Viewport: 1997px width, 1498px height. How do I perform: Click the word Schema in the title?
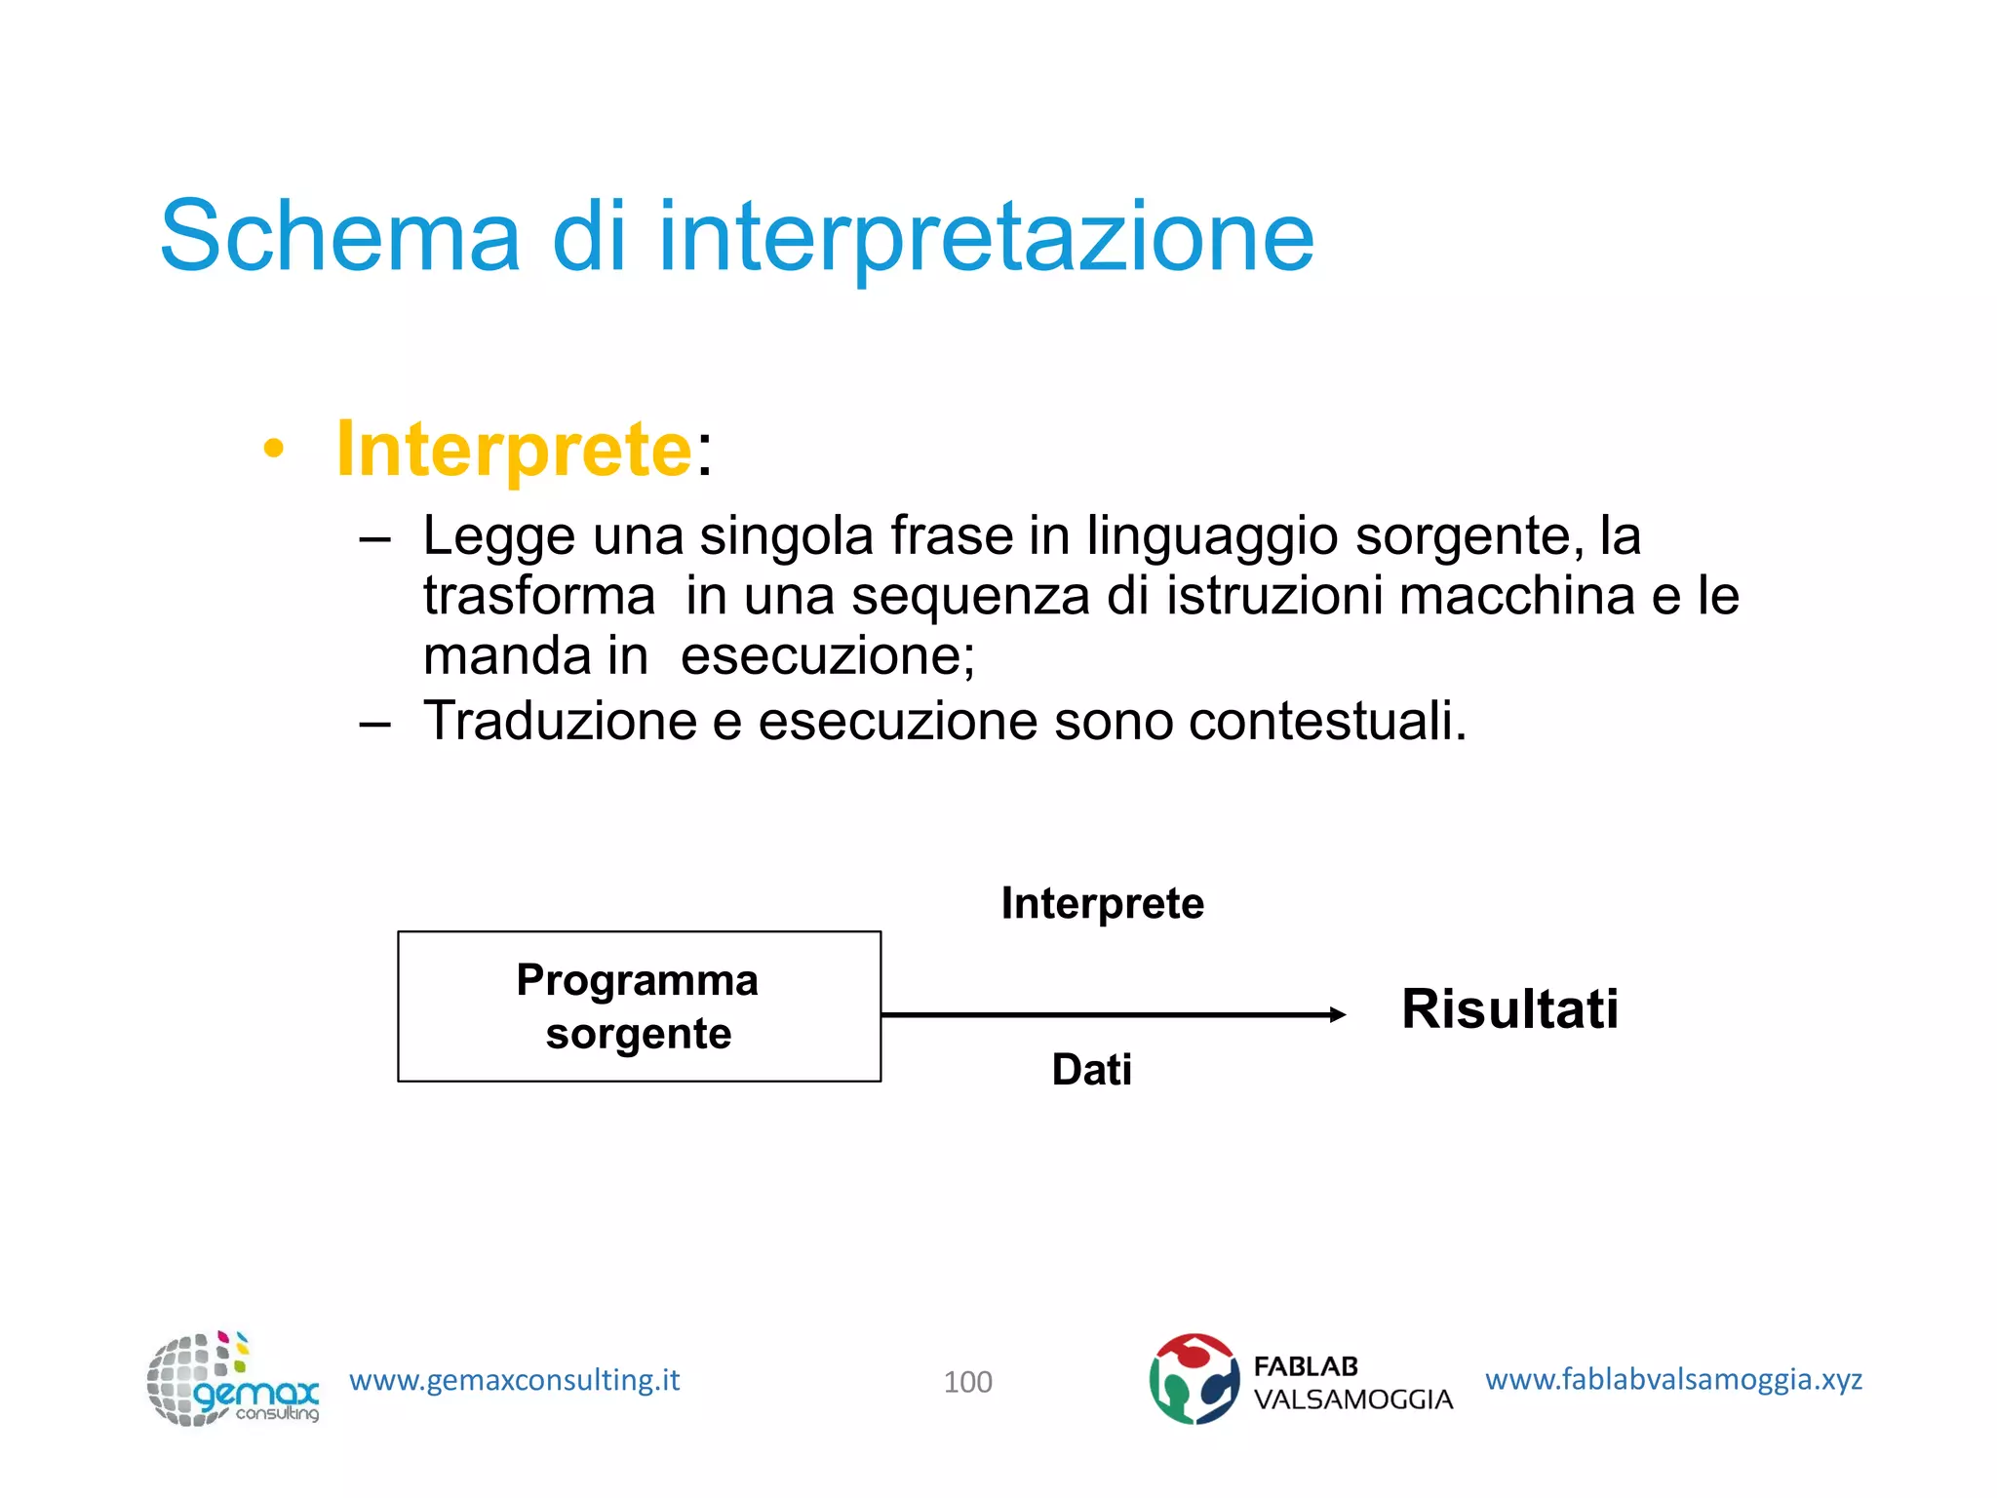tap(339, 237)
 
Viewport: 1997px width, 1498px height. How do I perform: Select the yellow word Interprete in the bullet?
tap(513, 450)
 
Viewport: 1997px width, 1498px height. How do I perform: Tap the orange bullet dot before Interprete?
tap(274, 450)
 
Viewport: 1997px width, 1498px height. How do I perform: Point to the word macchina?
tap(1516, 596)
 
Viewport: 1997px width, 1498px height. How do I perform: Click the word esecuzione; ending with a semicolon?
tap(827, 655)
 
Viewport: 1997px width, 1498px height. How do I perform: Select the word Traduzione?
tap(560, 722)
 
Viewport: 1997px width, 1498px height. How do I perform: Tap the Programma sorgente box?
tap(639, 1006)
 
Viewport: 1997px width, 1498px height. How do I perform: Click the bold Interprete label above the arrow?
tap(1102, 903)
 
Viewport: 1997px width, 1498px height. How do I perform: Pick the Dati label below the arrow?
tap(1091, 1070)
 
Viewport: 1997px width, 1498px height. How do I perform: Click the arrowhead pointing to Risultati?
tap(1338, 1015)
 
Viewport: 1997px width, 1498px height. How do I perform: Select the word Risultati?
tap(1509, 1008)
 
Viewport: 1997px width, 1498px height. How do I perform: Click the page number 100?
tap(967, 1382)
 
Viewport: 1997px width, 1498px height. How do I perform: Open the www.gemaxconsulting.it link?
tap(514, 1380)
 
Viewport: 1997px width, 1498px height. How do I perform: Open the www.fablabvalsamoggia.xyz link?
tap(1673, 1379)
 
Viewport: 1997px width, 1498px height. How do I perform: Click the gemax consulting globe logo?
tap(231, 1380)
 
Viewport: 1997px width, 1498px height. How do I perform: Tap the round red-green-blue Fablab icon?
tap(1194, 1379)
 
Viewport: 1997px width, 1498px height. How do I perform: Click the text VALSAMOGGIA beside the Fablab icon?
tap(1352, 1399)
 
